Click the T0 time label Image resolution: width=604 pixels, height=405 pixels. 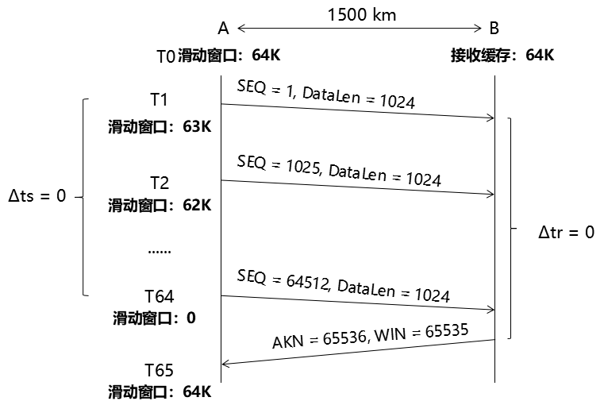tap(165, 56)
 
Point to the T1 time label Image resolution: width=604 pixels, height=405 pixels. tap(160, 99)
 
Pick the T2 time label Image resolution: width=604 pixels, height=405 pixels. tap(160, 183)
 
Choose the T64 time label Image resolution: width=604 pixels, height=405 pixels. tap(159, 296)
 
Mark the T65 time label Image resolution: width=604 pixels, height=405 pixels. tap(159, 370)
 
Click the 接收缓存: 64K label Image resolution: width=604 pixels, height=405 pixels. tap(502, 56)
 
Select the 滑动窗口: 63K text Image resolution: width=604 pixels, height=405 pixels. tap(160, 126)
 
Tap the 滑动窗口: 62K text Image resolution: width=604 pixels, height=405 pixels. tap(160, 206)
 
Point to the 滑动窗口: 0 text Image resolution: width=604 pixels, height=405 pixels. tap(154, 318)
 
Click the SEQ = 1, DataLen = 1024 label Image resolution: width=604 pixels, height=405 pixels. tap(325, 93)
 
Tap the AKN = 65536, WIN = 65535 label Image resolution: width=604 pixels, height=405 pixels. tap(370, 334)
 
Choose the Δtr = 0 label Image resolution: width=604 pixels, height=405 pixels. tap(566, 233)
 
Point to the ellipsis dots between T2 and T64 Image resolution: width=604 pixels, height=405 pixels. tap(159, 250)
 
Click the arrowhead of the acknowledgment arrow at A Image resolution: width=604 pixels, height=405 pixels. tap(225, 364)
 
